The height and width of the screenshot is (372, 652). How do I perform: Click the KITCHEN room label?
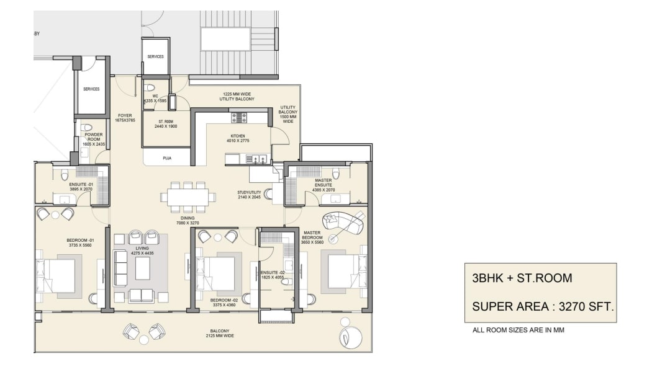click(x=237, y=136)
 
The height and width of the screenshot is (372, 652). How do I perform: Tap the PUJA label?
click(x=167, y=158)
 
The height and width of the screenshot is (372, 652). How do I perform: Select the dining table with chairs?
click(x=188, y=197)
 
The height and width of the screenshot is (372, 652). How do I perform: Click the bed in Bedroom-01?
click(x=57, y=275)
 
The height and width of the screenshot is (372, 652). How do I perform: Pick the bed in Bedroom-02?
click(x=216, y=273)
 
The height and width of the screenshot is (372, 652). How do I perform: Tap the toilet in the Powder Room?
click(x=86, y=128)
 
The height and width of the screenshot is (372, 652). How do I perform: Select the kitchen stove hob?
click(x=239, y=117)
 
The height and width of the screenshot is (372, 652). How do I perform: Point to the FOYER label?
click(x=125, y=116)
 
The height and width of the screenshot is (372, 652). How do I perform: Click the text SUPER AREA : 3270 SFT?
click(x=543, y=306)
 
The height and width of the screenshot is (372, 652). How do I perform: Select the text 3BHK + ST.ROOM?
click(x=522, y=278)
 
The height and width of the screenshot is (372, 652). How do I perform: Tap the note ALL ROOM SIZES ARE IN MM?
click(x=518, y=330)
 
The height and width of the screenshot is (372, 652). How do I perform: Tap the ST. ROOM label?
click(x=166, y=122)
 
